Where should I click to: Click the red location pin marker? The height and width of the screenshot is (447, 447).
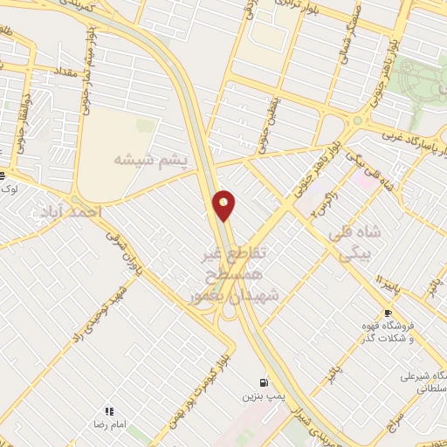point(224,204)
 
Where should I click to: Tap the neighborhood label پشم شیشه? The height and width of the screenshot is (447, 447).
point(151,159)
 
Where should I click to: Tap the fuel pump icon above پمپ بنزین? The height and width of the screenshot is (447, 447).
point(263,382)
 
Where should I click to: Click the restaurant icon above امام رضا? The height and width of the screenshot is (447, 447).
point(110,410)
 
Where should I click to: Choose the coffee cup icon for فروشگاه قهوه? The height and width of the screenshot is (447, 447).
point(388,312)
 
